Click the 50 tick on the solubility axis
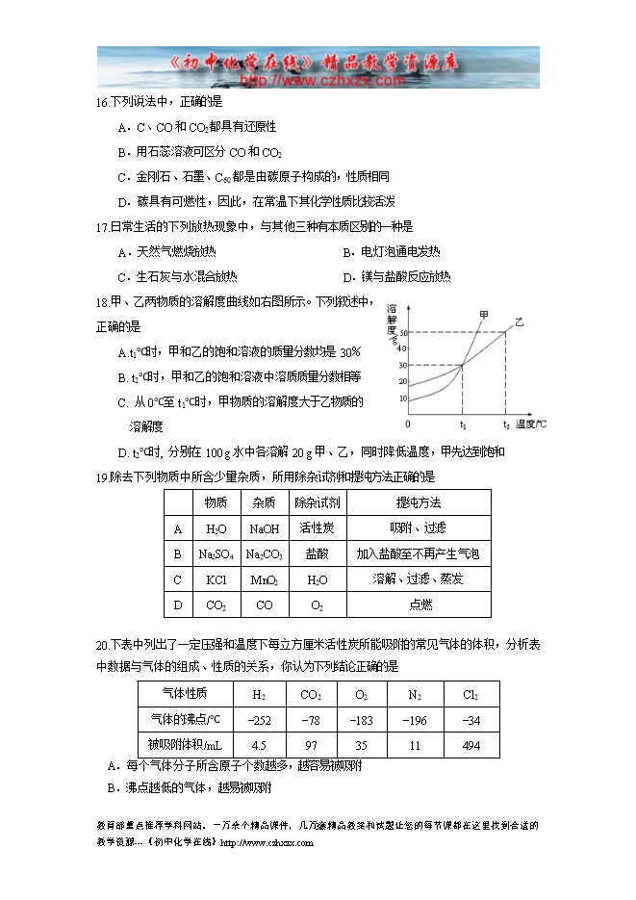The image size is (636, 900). pyautogui.click(x=404, y=333)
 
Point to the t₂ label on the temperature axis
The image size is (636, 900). pyautogui.click(x=506, y=424)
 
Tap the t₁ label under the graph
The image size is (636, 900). pyautogui.click(x=463, y=424)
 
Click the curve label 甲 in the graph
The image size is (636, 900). pyautogui.click(x=483, y=315)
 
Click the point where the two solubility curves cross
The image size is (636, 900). pyautogui.click(x=463, y=365)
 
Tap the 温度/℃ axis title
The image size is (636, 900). pyautogui.click(x=532, y=424)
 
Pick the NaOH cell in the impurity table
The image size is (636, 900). pyautogui.click(x=264, y=528)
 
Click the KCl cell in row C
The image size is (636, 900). pyautogui.click(x=216, y=579)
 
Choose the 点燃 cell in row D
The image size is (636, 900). pyautogui.click(x=420, y=604)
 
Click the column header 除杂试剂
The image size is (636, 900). pyautogui.click(x=317, y=502)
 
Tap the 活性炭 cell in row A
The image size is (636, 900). pyautogui.click(x=317, y=528)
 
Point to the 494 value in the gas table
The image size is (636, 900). pyautogui.click(x=471, y=745)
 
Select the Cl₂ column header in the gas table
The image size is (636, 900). pyautogui.click(x=471, y=695)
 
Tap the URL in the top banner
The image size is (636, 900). pyautogui.click(x=321, y=82)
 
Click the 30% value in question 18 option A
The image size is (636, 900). pyautogui.click(x=349, y=351)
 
